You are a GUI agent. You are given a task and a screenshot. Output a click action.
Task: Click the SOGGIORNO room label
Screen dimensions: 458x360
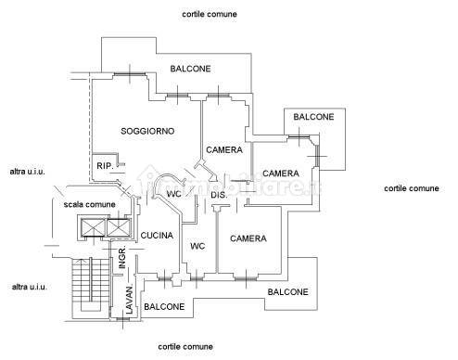tap(147, 131)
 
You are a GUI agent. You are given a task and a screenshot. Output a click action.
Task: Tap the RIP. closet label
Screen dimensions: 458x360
tap(105, 166)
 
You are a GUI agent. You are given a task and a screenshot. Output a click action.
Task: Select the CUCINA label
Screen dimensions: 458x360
tap(157, 236)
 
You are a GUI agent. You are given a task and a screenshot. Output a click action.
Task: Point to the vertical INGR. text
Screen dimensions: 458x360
tap(122, 257)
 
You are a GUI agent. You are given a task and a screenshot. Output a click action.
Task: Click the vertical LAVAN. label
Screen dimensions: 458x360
tap(130, 300)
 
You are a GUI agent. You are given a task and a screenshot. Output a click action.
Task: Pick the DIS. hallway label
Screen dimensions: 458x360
tap(219, 195)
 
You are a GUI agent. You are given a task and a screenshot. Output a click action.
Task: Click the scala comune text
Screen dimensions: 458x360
tap(89, 204)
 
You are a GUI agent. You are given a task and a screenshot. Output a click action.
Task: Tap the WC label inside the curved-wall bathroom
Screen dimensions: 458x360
tap(174, 194)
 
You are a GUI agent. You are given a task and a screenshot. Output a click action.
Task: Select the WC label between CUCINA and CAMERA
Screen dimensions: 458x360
tap(197, 246)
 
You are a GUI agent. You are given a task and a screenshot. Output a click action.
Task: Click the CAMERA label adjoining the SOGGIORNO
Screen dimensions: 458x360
tap(224, 150)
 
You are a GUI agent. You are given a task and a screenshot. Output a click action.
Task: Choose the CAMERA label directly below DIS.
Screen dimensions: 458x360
tap(248, 238)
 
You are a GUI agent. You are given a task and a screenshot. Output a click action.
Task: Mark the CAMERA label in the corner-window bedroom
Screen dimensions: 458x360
tap(281, 174)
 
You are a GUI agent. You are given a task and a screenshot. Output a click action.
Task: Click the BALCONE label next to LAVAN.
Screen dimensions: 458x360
tap(164, 307)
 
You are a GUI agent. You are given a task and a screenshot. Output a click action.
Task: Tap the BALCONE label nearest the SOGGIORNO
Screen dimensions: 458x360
tap(190, 69)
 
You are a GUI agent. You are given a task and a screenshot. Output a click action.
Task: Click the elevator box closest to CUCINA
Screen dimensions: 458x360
tap(119, 227)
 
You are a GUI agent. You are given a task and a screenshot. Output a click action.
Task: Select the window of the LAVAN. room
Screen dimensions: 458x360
tap(122, 319)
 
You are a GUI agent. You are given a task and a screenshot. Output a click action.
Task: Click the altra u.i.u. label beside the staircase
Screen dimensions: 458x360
tap(30, 287)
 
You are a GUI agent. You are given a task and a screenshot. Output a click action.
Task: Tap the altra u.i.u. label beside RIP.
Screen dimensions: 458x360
tap(27, 172)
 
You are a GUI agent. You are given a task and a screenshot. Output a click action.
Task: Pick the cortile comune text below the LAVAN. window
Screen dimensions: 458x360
tap(185, 347)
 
